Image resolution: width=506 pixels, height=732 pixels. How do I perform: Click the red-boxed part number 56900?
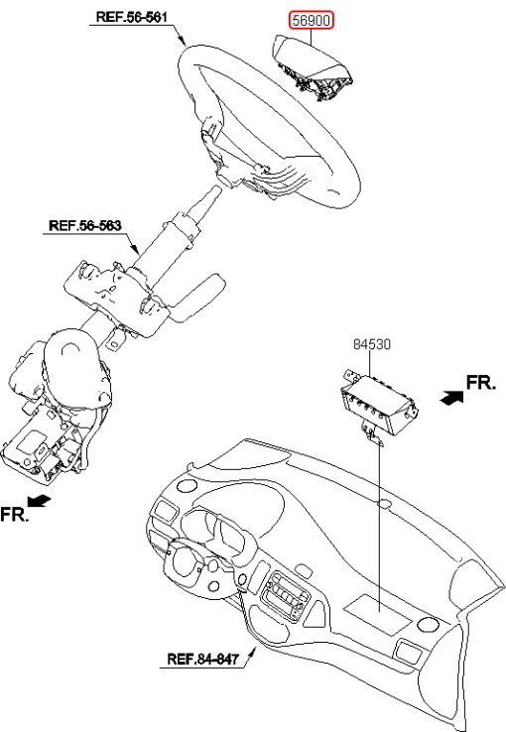click(x=311, y=21)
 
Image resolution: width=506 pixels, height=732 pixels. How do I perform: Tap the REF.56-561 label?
click(x=131, y=17)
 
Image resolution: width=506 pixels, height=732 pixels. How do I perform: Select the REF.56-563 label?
click(x=85, y=225)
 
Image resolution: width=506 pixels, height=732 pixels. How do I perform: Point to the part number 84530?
click(x=372, y=344)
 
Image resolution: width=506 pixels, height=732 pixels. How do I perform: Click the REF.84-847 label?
click(x=202, y=660)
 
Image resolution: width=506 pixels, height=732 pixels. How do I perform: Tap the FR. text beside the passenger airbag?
click(x=481, y=383)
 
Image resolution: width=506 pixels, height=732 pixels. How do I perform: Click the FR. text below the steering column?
click(x=14, y=514)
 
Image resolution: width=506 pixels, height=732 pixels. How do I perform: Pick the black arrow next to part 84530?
click(x=451, y=398)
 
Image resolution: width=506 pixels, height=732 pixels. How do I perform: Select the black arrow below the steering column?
click(x=40, y=501)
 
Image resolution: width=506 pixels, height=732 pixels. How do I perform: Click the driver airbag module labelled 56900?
click(x=312, y=67)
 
